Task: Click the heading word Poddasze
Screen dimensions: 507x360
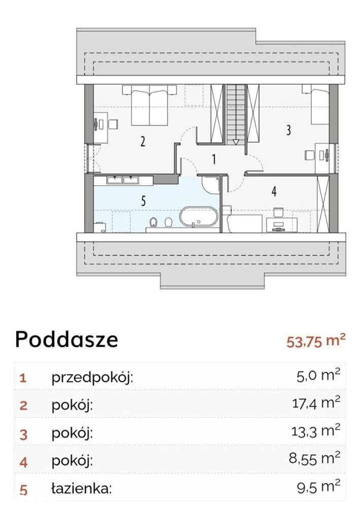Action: coord(67,340)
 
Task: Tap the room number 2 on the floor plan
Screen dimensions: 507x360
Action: coord(143,142)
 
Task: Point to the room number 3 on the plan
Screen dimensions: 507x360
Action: coord(288,130)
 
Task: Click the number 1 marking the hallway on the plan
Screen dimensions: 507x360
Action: coord(214,159)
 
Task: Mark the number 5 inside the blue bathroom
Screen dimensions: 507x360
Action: coord(144,201)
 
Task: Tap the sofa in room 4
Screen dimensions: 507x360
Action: coord(243,222)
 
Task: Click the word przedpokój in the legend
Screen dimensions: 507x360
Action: coord(92,378)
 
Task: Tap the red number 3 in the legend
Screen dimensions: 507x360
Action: coord(23,434)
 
